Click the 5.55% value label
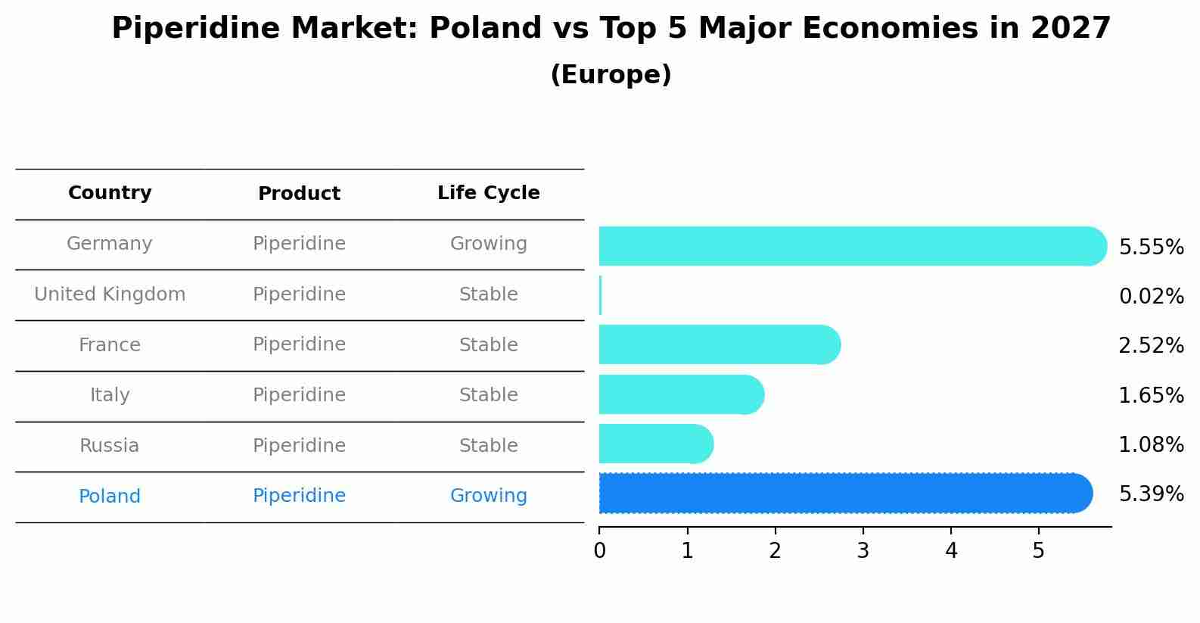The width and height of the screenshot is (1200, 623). pyautogui.click(x=1151, y=248)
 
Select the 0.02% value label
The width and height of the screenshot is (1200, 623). pyautogui.click(x=1151, y=297)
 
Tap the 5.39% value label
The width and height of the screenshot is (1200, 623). pyautogui.click(x=1151, y=494)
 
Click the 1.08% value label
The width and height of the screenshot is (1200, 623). pyautogui.click(x=1151, y=445)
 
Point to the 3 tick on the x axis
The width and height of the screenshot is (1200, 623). pyautogui.click(x=863, y=551)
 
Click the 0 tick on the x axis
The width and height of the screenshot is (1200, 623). pyautogui.click(x=599, y=551)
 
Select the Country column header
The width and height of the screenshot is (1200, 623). pyautogui.click(x=110, y=193)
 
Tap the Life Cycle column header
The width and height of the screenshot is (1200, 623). pyautogui.click(x=488, y=193)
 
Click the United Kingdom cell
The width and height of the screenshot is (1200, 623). pyautogui.click(x=110, y=294)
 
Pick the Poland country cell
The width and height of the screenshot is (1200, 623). pyautogui.click(x=110, y=497)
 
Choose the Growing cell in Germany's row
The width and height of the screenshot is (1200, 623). pyautogui.click(x=488, y=244)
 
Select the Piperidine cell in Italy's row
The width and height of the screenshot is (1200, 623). pyautogui.click(x=299, y=395)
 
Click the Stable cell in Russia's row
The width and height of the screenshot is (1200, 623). pyautogui.click(x=488, y=446)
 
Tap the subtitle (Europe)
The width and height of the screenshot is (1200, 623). pyautogui.click(x=611, y=75)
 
